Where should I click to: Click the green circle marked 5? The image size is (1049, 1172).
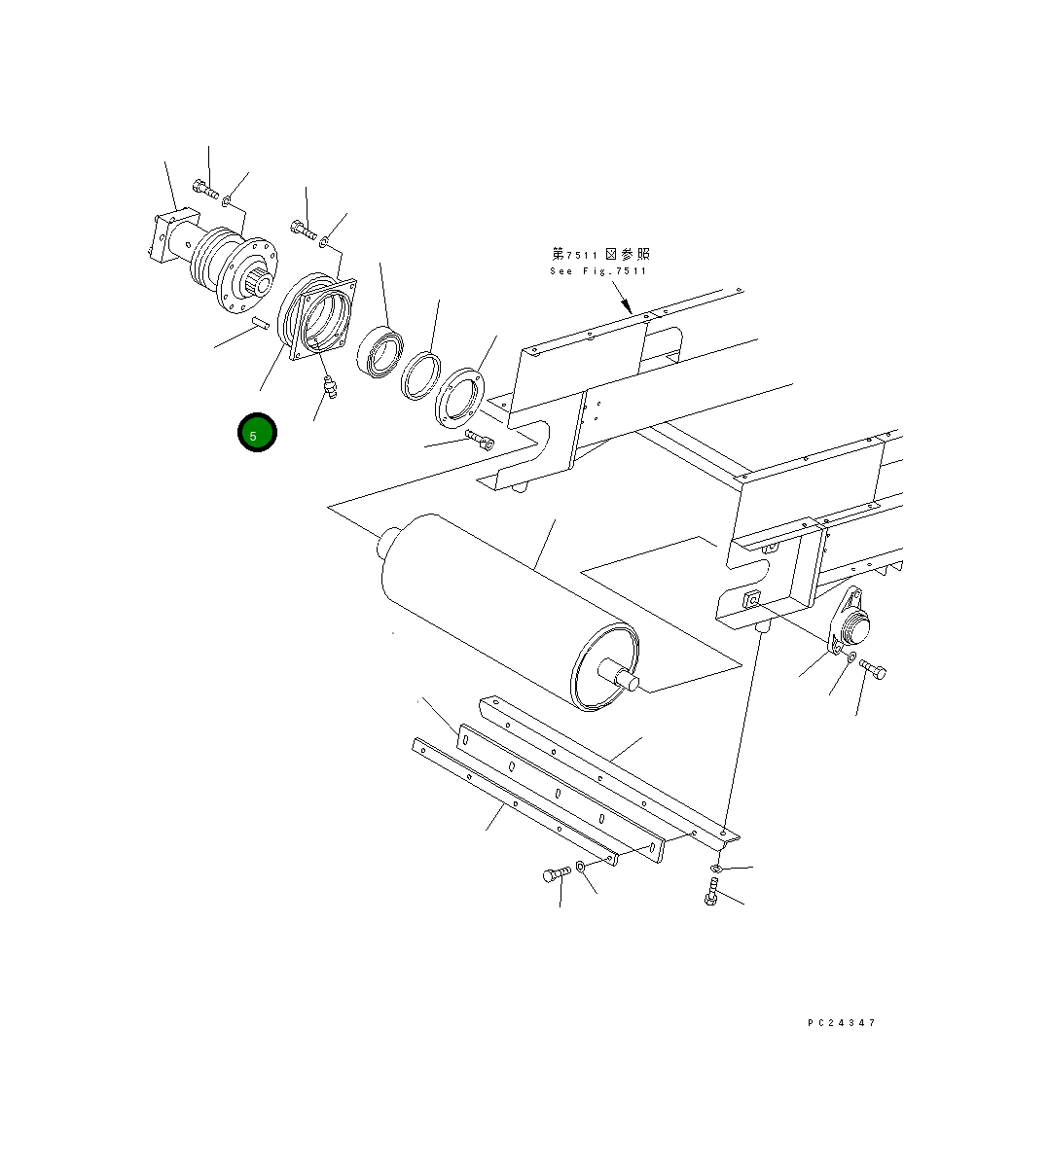pyautogui.click(x=257, y=434)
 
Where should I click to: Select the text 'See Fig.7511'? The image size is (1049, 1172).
pyautogui.click(x=597, y=271)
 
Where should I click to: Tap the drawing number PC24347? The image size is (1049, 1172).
pyautogui.click(x=841, y=1023)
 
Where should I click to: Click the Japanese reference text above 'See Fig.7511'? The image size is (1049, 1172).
pyautogui.click(x=601, y=254)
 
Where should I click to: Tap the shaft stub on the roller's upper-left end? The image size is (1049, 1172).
pyautogui.click(x=390, y=540)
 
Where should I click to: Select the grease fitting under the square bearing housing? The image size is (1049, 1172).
pyautogui.click(x=330, y=388)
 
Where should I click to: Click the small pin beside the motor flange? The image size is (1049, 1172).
pyautogui.click(x=260, y=324)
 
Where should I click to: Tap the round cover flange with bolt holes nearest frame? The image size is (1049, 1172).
pyautogui.click(x=459, y=396)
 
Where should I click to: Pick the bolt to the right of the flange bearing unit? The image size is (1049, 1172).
pyautogui.click(x=872, y=669)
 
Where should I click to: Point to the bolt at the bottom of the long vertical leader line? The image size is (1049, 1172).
pyautogui.click(x=711, y=891)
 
